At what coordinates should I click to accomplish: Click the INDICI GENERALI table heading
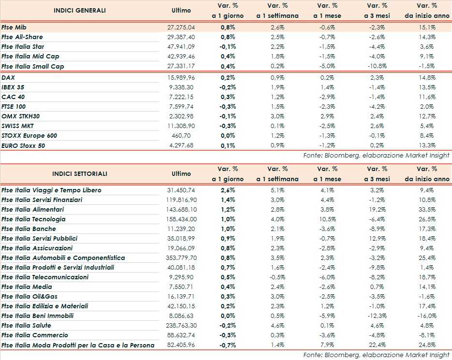[x=80, y=10]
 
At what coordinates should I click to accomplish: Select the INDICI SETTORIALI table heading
[x=80, y=173]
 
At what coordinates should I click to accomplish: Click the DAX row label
[x=8, y=77]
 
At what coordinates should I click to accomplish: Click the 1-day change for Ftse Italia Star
[x=227, y=47]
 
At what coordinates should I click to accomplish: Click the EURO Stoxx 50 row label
[x=23, y=145]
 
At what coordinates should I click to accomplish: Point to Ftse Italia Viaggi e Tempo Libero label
[x=51, y=190]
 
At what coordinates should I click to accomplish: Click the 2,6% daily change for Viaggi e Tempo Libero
[x=228, y=190]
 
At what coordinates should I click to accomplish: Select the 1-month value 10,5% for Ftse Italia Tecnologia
[x=328, y=219]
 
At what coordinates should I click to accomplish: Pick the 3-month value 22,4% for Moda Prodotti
[x=377, y=345]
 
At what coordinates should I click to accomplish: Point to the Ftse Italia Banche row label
[x=29, y=229]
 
